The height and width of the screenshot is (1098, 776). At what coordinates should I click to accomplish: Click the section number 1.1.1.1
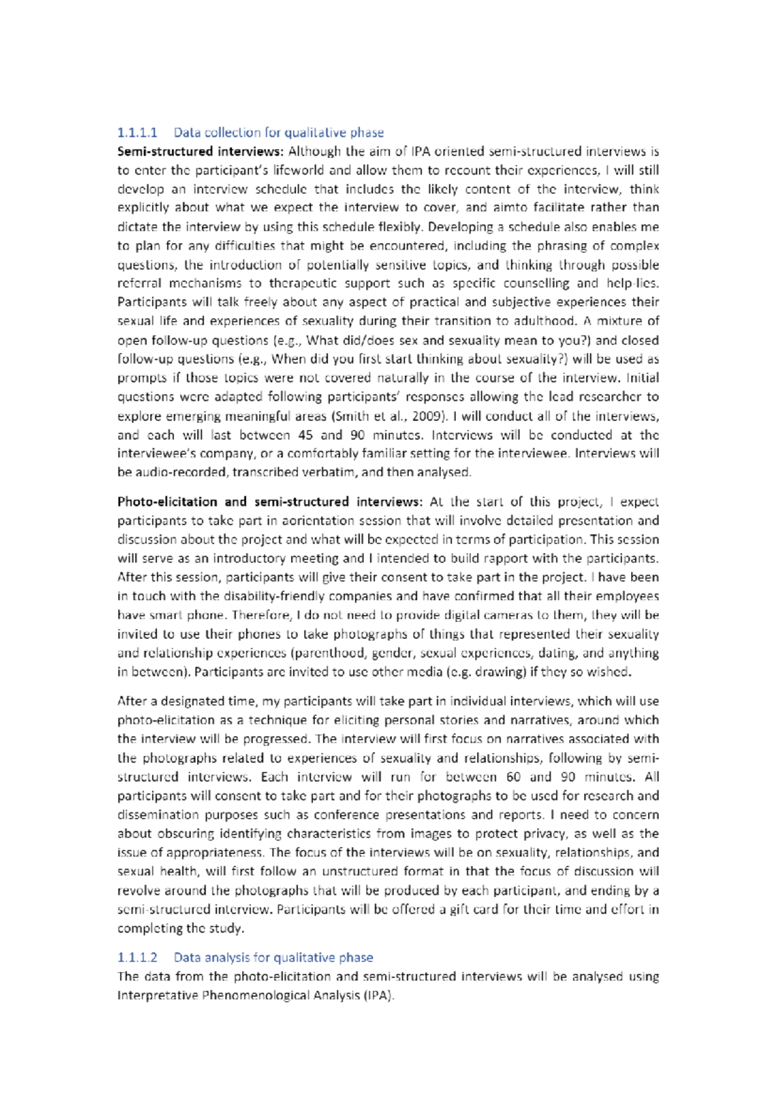point(137,133)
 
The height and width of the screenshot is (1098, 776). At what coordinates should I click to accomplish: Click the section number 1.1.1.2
point(137,957)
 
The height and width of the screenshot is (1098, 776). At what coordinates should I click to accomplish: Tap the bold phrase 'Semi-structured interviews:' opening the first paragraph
point(200,151)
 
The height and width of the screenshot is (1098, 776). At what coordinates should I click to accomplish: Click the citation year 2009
point(429,416)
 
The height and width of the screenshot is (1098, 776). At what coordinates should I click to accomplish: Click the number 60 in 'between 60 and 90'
point(513,777)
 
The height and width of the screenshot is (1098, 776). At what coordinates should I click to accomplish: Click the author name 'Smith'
point(351,416)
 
